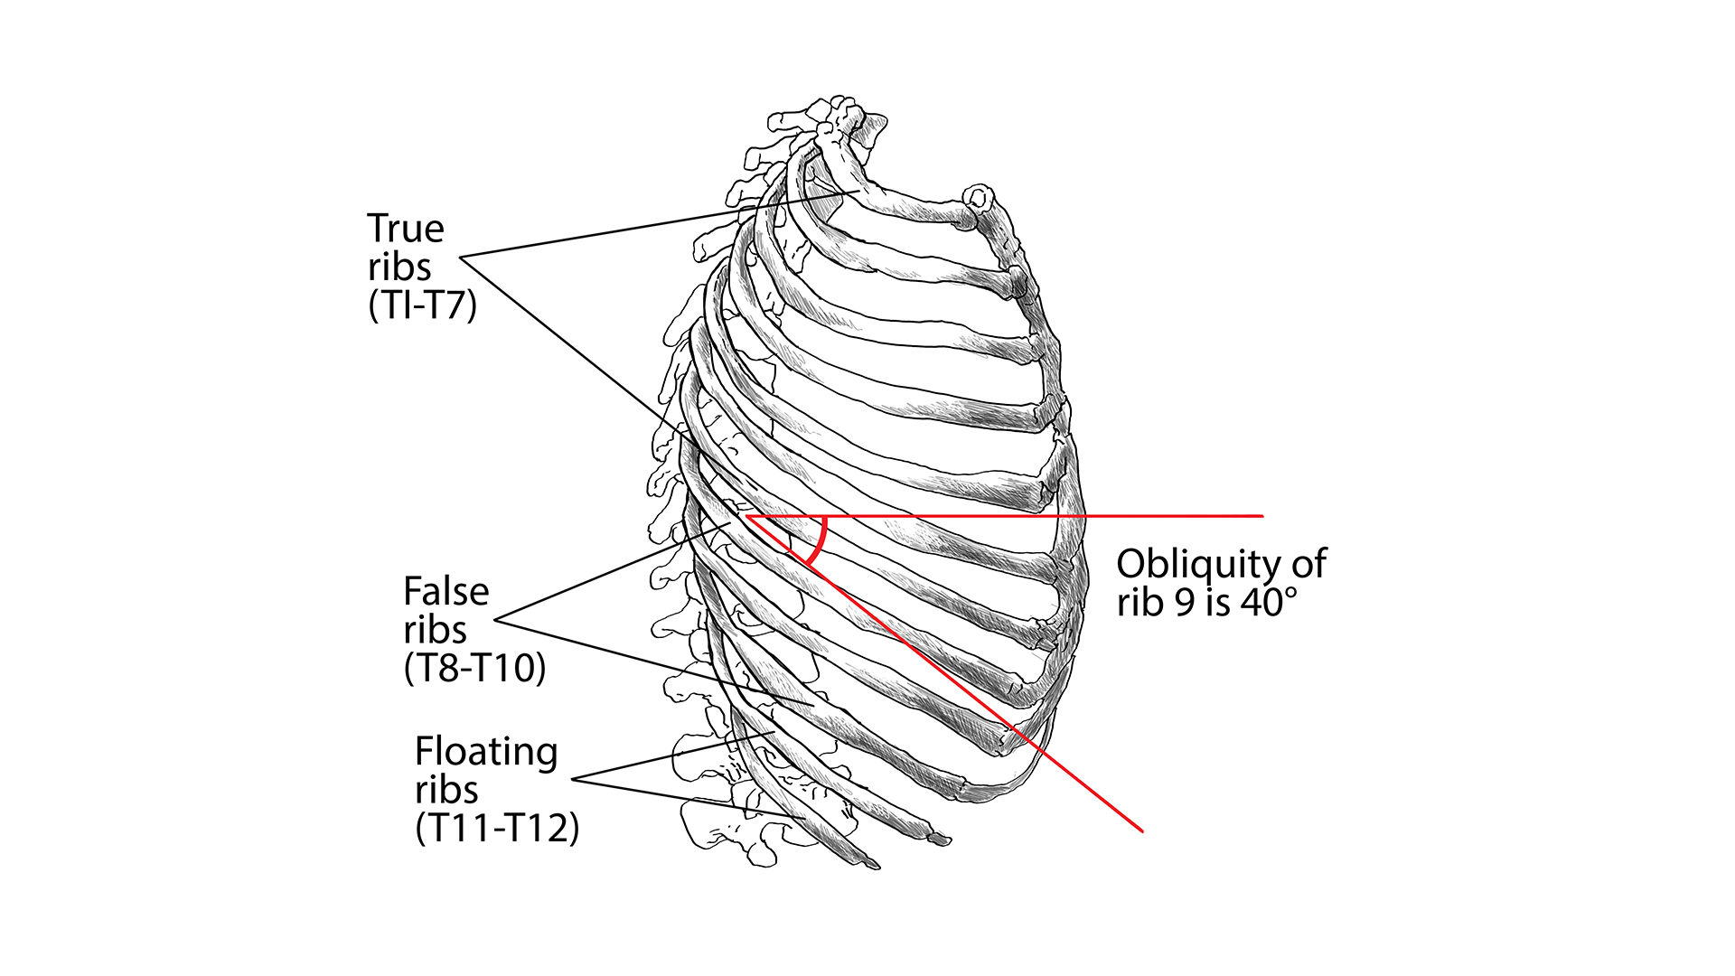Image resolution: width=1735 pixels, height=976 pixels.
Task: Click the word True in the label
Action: [406, 229]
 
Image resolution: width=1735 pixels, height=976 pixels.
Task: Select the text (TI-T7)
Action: [422, 305]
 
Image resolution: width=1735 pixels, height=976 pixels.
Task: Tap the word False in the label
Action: [445, 592]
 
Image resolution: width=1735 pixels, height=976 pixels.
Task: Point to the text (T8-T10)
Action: [474, 669]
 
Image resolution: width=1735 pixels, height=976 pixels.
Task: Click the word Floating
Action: [486, 752]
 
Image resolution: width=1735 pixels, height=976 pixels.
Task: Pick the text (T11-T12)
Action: [497, 828]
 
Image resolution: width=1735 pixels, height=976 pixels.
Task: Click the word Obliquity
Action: [1201, 565]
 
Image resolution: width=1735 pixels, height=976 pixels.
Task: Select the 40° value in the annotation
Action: [1269, 603]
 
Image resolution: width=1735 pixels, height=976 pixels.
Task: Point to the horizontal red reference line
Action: [1039, 516]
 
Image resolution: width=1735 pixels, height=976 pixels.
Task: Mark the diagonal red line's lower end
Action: [1142, 830]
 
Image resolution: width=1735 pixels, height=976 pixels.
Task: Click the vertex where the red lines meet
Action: [746, 516]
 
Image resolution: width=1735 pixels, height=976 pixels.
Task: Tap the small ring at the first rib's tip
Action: [978, 196]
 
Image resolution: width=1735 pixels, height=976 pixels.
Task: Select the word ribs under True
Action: [399, 267]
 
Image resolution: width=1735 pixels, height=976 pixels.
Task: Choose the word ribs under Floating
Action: [446, 790]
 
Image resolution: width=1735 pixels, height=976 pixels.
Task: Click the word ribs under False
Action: [435, 630]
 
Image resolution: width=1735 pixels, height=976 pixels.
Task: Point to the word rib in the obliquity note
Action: [1139, 603]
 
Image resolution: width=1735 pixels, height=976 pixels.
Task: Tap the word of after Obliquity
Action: [1308, 565]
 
